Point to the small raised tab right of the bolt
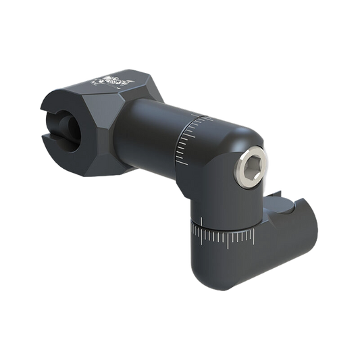[276, 197]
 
